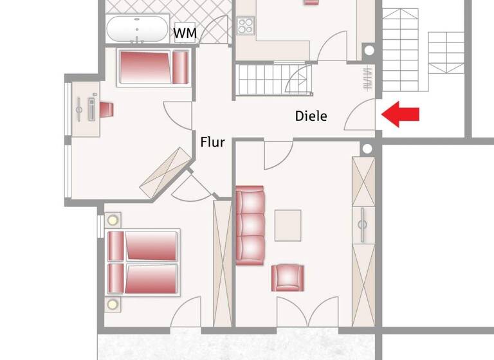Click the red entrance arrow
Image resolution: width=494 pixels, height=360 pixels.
(400, 115)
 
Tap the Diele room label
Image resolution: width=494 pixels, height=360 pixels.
(311, 116)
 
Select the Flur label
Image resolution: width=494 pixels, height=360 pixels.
(212, 142)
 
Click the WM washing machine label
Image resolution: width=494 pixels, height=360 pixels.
(185, 33)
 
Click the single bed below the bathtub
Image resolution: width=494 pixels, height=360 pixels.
(153, 67)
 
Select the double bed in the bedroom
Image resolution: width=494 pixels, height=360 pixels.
(142, 262)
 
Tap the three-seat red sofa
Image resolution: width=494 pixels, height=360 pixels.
(250, 224)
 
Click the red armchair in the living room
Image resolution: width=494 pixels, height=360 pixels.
(287, 277)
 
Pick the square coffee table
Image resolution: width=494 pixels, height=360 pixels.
(288, 224)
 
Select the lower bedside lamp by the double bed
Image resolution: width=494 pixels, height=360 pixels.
(113, 303)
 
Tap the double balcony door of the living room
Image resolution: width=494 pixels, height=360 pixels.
(307, 312)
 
